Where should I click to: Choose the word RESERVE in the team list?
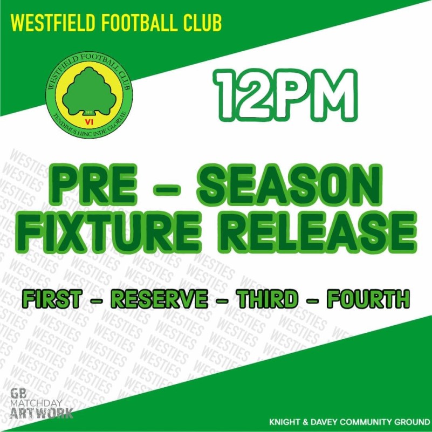pos(159,299)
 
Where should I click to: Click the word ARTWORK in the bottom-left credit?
pos(42,414)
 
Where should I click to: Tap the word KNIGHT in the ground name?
pos(285,421)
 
